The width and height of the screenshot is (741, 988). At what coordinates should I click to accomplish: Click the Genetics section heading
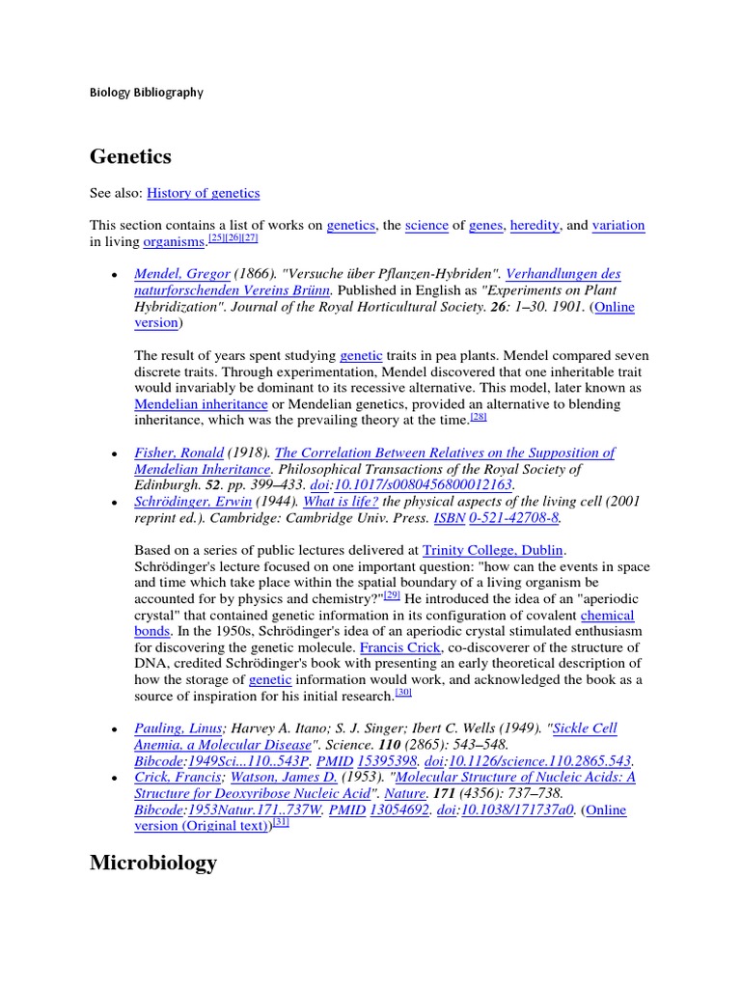[130, 156]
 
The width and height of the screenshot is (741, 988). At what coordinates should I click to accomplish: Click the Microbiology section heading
[153, 863]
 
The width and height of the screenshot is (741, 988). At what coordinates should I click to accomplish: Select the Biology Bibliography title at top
[147, 93]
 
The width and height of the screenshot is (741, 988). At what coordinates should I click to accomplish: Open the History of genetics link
[203, 193]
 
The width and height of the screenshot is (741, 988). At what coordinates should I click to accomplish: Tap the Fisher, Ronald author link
[178, 453]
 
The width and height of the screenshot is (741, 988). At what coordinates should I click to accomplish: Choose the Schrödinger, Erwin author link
[193, 502]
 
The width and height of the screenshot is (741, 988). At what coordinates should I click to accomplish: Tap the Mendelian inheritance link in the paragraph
[201, 403]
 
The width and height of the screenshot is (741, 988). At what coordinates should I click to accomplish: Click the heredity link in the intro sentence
[534, 225]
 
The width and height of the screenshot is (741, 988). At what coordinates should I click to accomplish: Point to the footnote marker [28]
[479, 417]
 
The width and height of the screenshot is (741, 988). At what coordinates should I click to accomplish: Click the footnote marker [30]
[403, 692]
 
